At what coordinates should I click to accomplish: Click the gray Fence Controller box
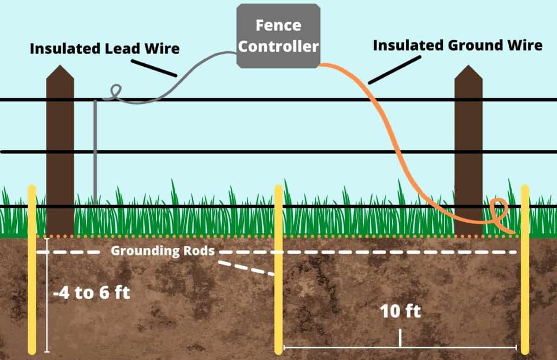[278, 35]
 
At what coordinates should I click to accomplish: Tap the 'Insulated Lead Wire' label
[104, 48]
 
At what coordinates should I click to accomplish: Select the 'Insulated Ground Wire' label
[457, 45]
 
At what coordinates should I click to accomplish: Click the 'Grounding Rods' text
[162, 251]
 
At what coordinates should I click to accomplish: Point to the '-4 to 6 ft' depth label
[91, 293]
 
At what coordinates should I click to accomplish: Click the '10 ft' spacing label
[400, 311]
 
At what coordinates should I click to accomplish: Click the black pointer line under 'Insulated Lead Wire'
[154, 68]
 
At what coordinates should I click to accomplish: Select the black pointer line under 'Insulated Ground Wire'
[394, 70]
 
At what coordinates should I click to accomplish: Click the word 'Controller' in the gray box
[278, 46]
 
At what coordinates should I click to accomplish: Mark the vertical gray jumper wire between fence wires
[95, 153]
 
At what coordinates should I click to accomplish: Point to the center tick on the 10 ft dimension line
[400, 338]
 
